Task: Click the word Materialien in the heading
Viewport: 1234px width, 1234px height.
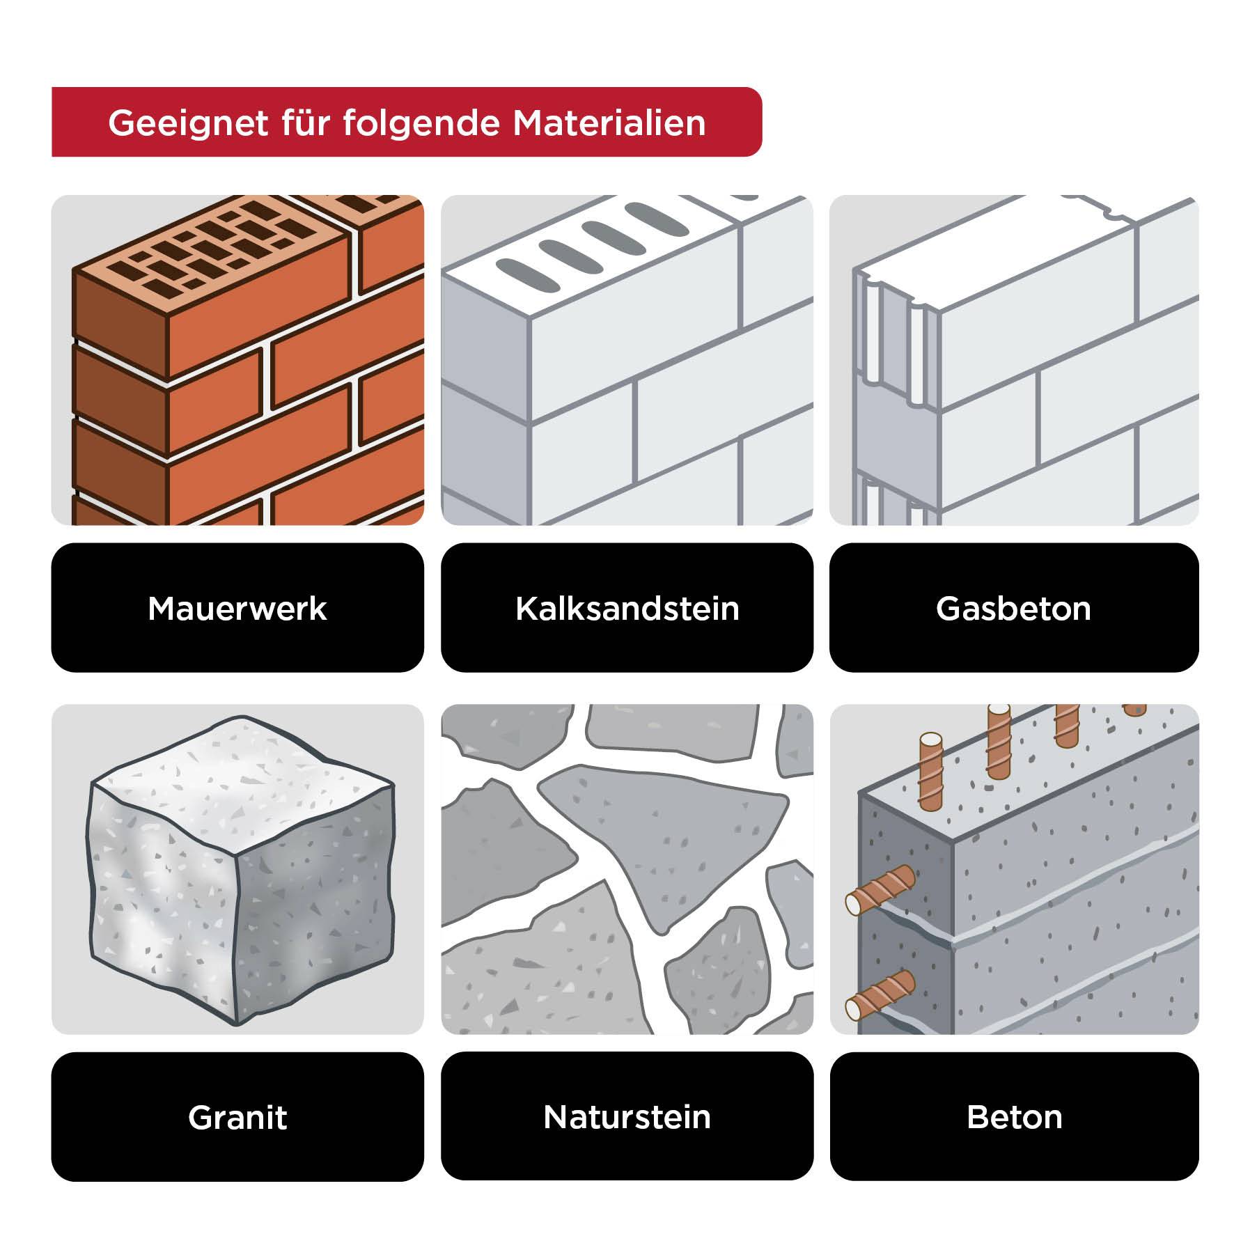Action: [609, 123]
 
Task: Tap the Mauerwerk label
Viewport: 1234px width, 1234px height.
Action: [237, 608]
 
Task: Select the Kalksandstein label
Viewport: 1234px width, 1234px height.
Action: [627, 608]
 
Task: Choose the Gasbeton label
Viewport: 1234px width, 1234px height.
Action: [1013, 608]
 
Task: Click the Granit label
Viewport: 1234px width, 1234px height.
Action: [237, 1117]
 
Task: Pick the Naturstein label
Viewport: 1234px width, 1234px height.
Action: [627, 1117]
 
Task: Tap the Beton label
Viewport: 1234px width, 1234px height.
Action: [1014, 1117]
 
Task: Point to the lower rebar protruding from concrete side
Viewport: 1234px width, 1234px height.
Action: [879, 994]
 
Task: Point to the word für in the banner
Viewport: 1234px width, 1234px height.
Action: [304, 123]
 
